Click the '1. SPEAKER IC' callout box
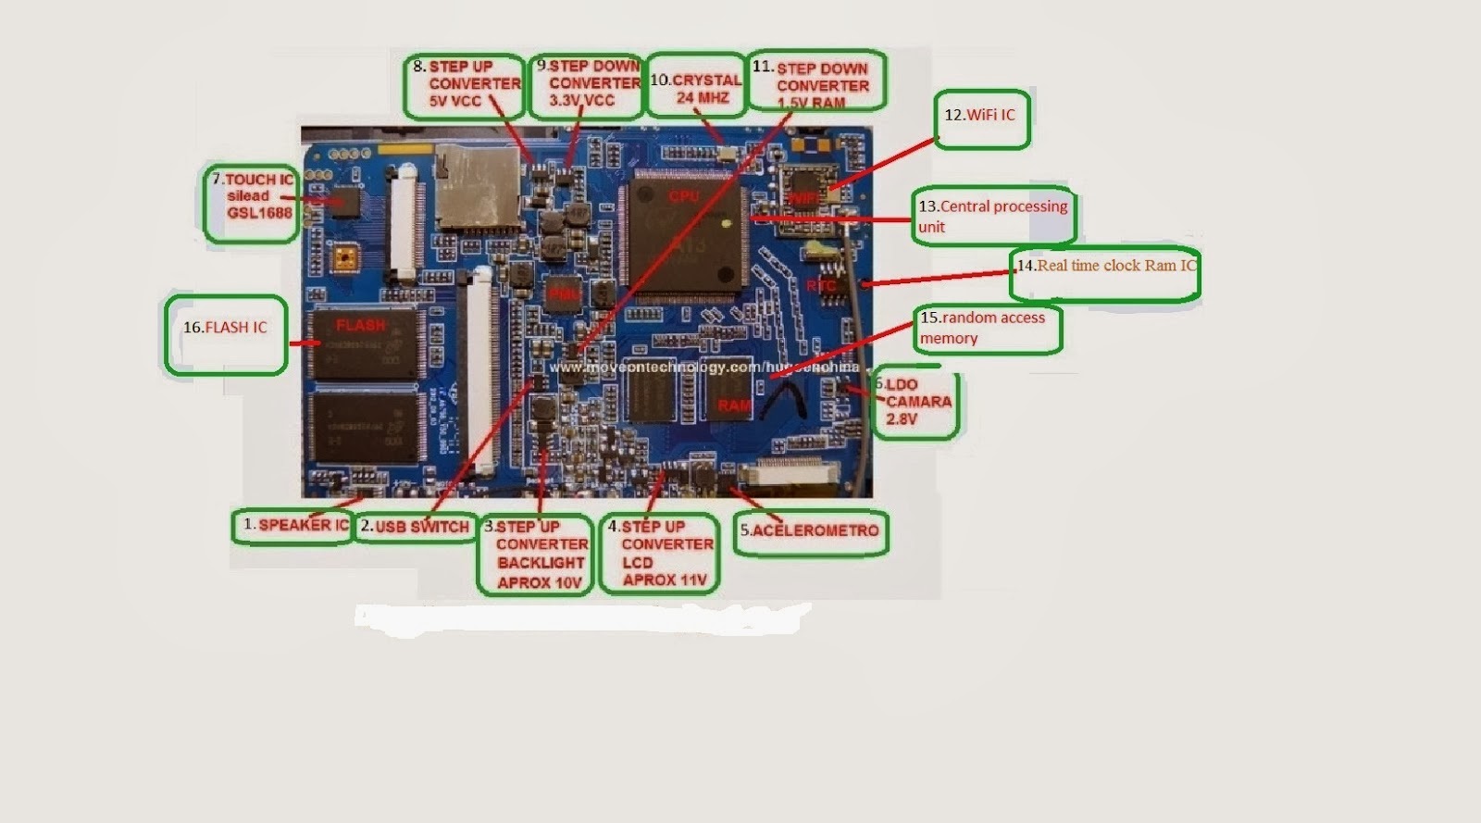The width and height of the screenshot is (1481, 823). (294, 526)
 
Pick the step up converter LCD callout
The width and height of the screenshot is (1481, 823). (658, 554)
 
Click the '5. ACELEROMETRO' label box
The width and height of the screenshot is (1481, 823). (811, 532)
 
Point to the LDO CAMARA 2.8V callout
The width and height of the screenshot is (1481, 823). (915, 404)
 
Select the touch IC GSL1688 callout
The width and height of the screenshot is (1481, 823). (251, 204)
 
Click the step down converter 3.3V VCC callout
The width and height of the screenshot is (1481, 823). (587, 84)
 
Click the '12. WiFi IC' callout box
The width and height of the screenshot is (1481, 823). (981, 118)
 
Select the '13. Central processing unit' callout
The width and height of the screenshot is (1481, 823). (992, 218)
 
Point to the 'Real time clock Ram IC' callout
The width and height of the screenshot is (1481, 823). (1105, 273)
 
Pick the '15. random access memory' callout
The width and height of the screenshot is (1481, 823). (987, 329)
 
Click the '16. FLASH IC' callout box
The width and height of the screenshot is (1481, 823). (226, 334)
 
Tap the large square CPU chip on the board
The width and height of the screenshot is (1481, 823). (686, 237)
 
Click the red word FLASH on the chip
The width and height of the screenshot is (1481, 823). (360, 326)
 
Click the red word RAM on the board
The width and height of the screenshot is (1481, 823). (735, 405)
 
